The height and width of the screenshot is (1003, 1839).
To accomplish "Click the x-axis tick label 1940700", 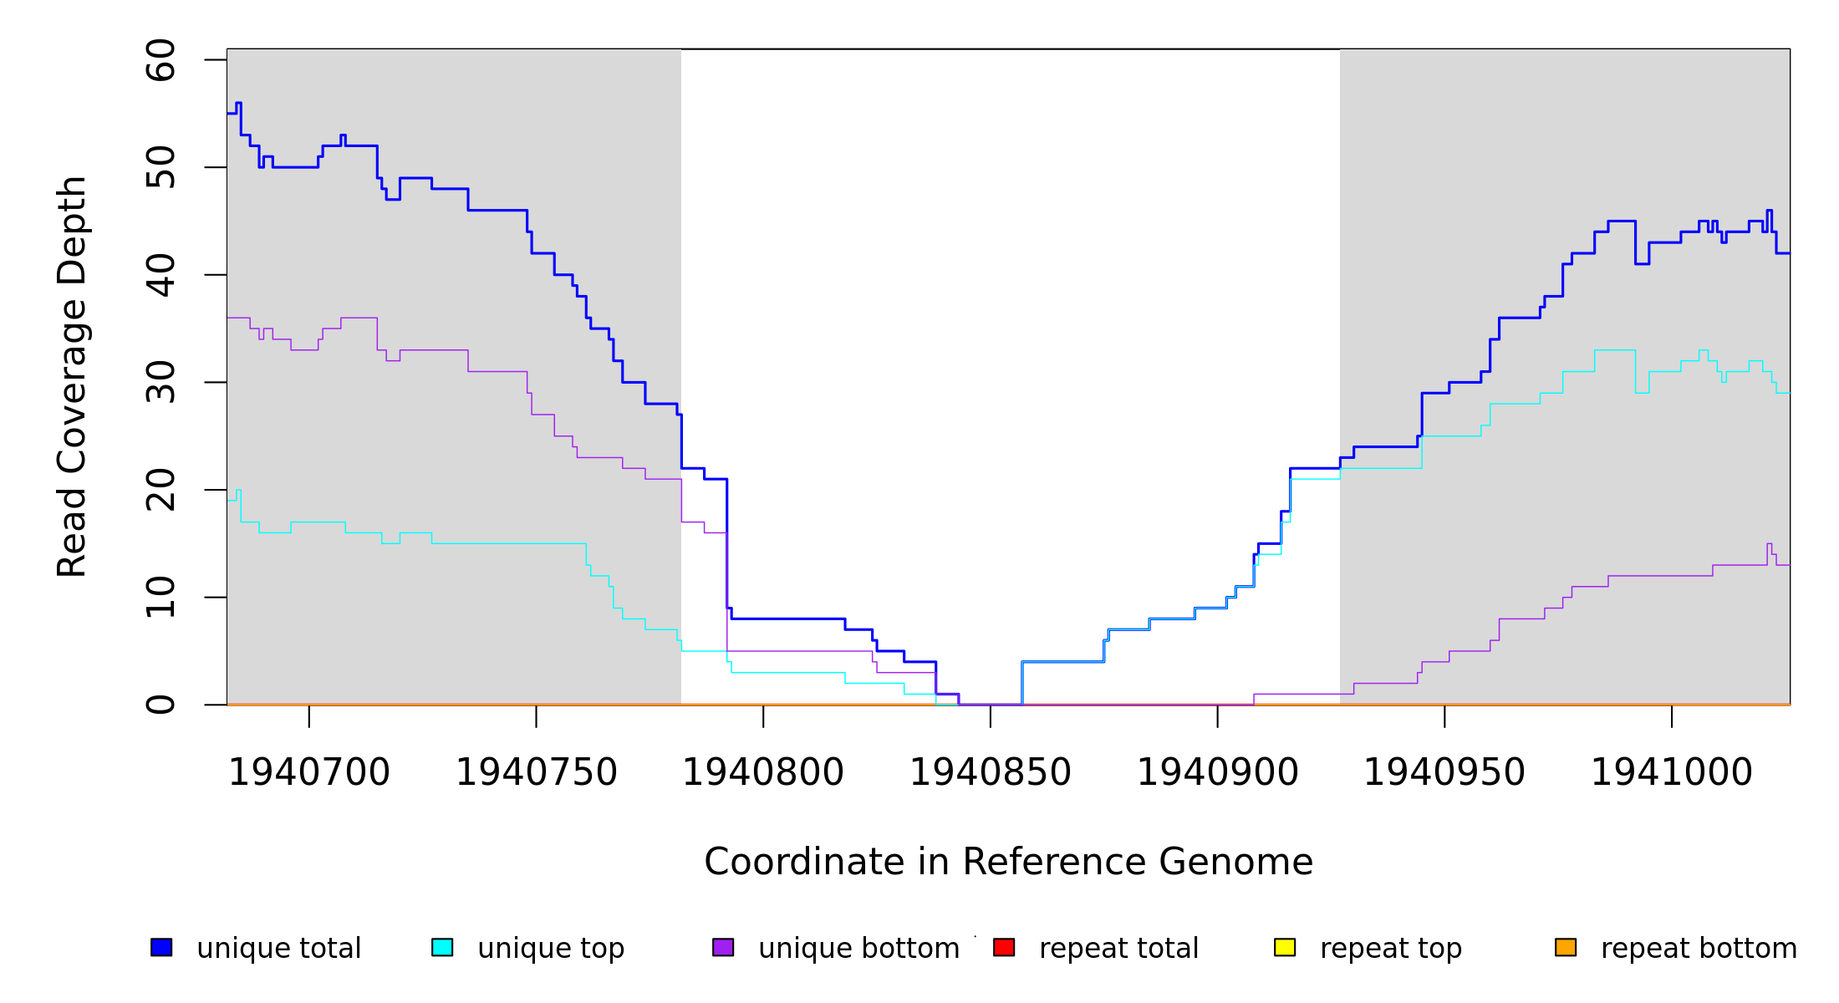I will [309, 772].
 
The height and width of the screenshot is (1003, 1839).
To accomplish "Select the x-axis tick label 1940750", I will [536, 772].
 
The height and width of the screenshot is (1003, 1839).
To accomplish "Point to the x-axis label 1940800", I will [763, 772].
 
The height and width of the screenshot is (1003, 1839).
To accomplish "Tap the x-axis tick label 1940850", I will [991, 772].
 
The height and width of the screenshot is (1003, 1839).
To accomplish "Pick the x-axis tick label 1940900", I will [1217, 772].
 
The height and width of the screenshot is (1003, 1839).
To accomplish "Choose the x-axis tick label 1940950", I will [1444, 772].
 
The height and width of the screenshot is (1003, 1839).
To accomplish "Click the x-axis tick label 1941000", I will [1672, 772].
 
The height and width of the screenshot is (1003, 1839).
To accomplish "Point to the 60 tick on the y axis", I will [160, 60].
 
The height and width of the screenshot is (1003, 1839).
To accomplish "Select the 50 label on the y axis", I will [160, 167].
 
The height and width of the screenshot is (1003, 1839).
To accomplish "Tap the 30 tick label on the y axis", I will [160, 382].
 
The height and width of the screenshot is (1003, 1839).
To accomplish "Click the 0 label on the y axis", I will [160, 705].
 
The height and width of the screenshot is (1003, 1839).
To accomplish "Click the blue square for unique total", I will [161, 947].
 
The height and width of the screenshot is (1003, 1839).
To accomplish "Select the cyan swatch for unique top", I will [442, 947].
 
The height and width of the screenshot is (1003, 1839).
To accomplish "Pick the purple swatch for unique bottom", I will [723, 947].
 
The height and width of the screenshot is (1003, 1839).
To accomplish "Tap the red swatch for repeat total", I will [1004, 947].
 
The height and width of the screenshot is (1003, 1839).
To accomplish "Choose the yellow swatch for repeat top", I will [1285, 947].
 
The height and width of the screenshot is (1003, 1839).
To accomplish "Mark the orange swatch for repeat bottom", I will [1566, 947].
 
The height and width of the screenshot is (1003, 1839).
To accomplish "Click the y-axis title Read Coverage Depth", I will [72, 376].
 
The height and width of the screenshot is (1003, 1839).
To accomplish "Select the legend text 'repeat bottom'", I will [1699, 948].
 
